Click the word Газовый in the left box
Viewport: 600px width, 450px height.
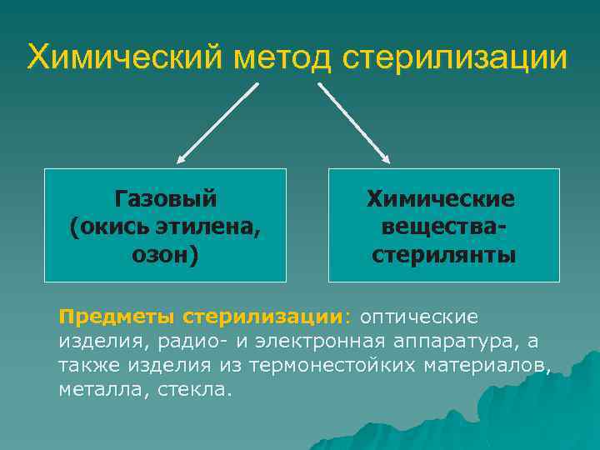point(165,198)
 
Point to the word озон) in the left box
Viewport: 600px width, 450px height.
point(165,254)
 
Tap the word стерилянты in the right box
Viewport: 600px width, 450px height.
point(443,254)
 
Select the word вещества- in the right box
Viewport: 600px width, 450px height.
point(443,227)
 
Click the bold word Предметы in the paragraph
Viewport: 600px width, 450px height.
point(117,317)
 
